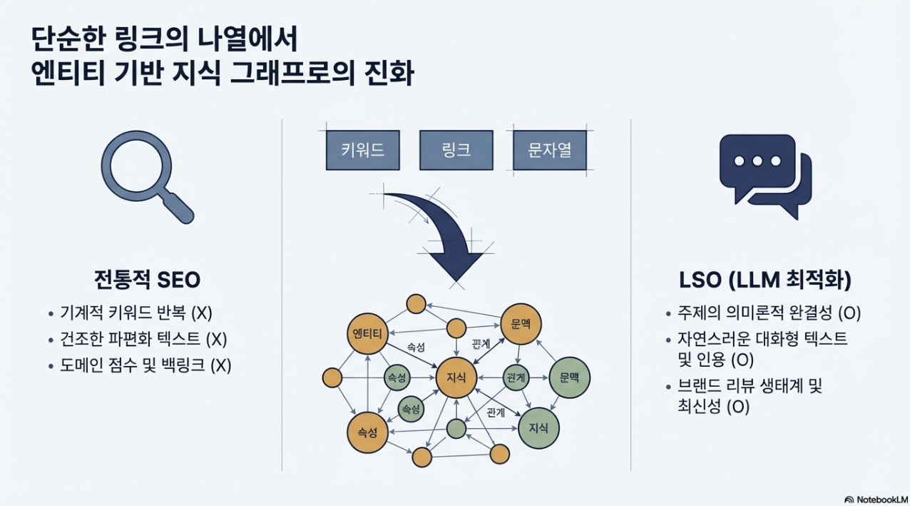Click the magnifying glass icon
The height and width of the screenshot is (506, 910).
[x=145, y=175]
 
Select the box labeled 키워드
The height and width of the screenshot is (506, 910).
[x=362, y=150]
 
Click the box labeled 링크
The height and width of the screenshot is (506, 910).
[x=456, y=150]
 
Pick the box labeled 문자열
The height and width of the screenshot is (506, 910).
[x=549, y=150]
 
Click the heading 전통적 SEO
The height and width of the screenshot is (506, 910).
[x=147, y=279]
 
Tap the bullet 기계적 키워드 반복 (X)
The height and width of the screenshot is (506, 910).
[x=136, y=313]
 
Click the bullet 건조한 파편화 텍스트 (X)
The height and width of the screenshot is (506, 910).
[x=143, y=339]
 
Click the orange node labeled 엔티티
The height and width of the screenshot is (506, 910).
[x=367, y=334]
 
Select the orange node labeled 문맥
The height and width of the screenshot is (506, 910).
[x=521, y=323]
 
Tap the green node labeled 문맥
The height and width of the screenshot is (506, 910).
[x=569, y=377]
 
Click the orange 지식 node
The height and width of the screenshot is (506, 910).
[x=456, y=378]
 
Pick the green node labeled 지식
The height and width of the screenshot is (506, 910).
[x=538, y=428]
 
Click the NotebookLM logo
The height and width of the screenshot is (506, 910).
[x=876, y=499]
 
